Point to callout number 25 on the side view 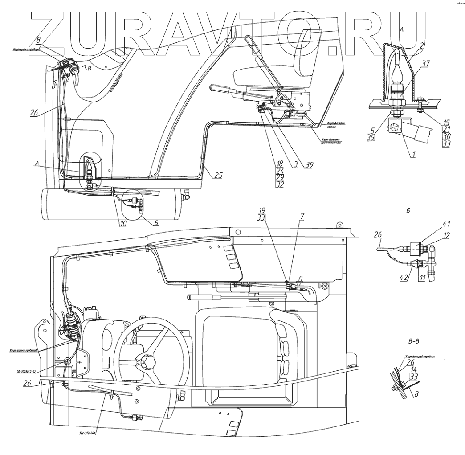click(218, 175)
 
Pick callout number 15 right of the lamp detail click(446, 121)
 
